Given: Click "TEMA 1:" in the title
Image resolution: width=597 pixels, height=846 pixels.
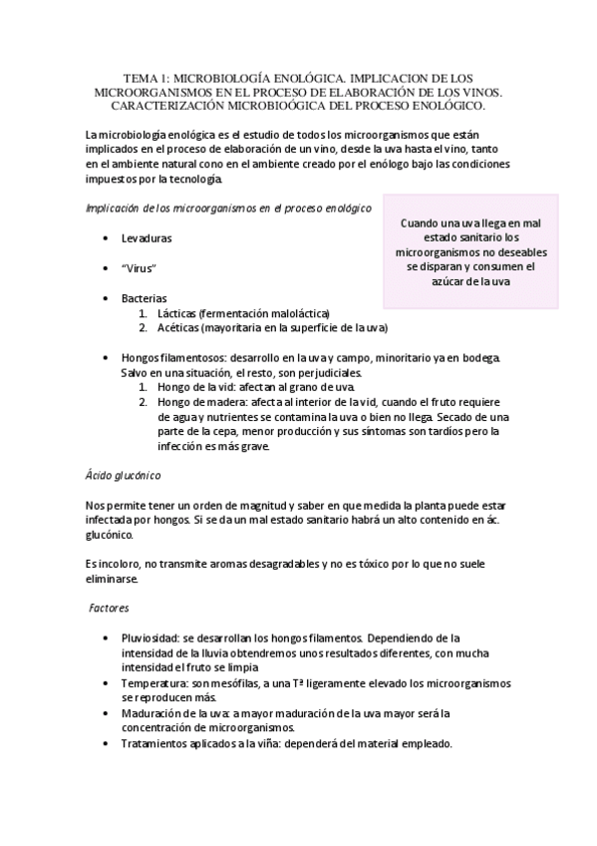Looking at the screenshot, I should [144, 78].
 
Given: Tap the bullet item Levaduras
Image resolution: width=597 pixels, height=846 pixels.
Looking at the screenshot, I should [147, 240].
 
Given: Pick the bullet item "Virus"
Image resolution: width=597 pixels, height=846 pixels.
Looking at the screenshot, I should [141, 269].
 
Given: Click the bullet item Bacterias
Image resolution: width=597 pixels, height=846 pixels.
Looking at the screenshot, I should [145, 298].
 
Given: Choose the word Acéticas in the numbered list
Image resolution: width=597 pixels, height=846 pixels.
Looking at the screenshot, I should [179, 327].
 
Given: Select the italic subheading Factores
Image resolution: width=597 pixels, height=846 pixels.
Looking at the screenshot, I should [108, 608].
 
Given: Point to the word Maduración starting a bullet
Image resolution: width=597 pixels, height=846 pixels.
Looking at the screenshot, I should [154, 713].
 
